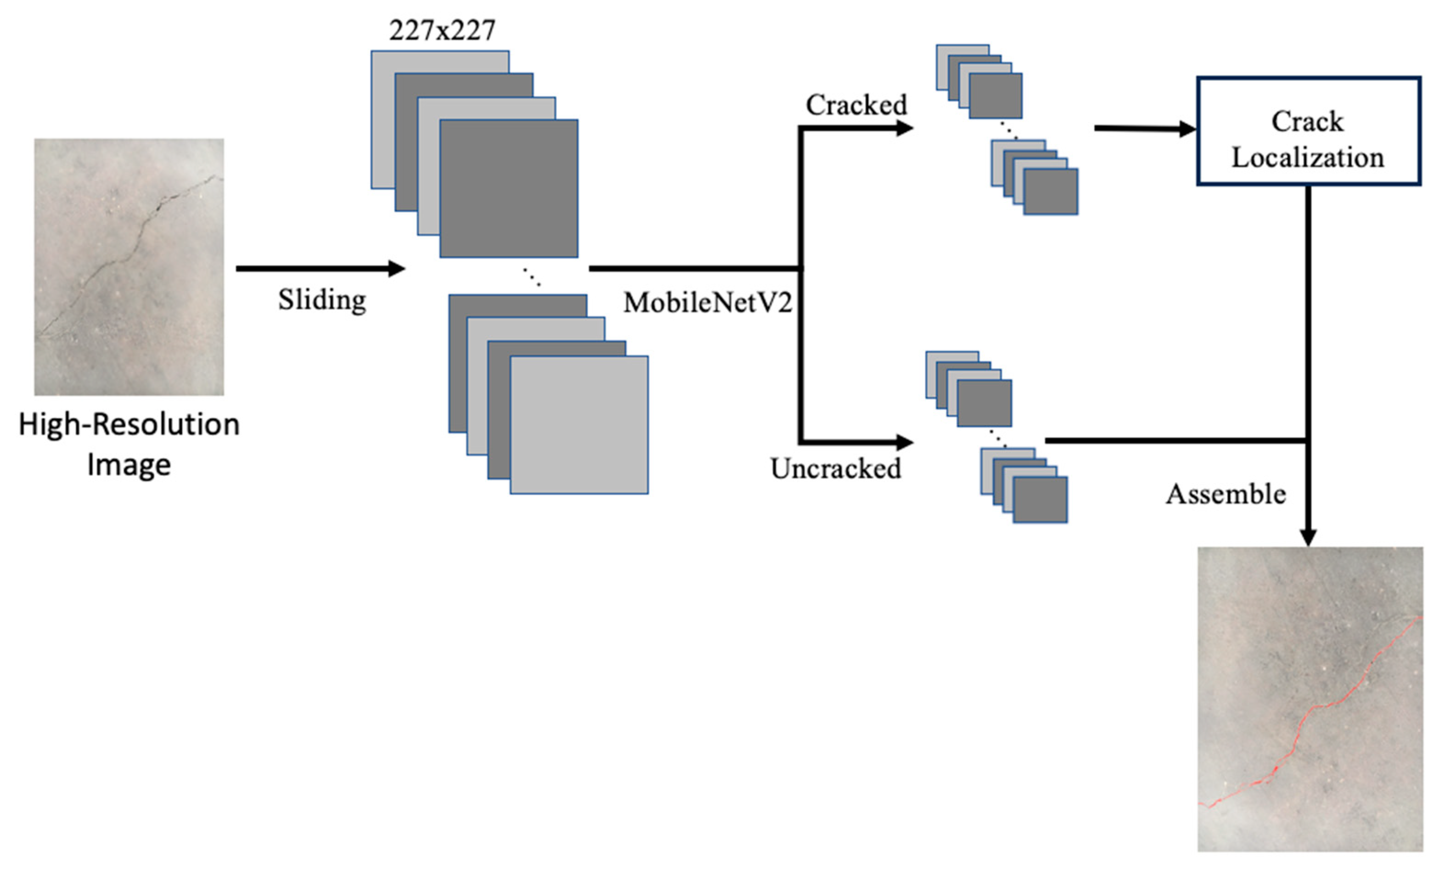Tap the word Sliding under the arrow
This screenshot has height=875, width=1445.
322,300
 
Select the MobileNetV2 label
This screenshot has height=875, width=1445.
707,303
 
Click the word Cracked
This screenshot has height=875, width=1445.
856,105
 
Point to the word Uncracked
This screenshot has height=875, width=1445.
836,469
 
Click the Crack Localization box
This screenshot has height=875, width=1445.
1308,131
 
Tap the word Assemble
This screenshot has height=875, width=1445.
1226,494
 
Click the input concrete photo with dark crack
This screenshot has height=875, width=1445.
129,267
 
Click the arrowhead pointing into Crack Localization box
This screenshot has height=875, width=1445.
1187,129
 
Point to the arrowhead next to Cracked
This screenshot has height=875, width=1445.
905,128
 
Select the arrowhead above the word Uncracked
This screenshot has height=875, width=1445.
905,442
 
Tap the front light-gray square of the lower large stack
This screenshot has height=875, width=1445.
579,424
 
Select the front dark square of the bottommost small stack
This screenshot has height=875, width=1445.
1040,500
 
